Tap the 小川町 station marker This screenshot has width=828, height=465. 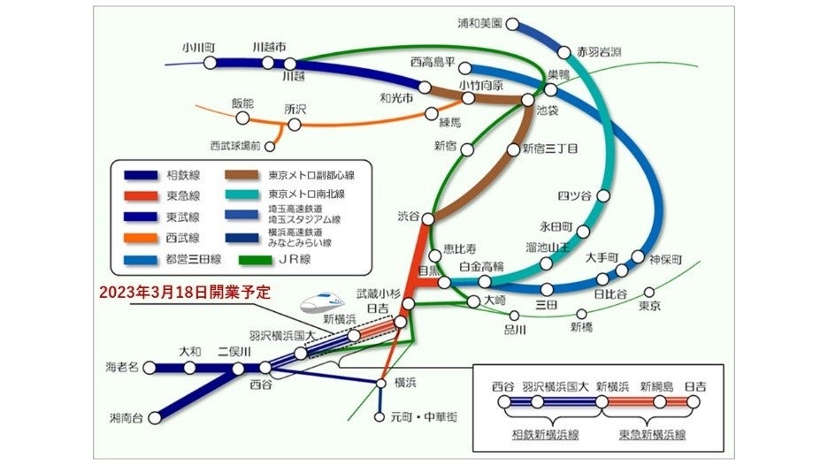210,63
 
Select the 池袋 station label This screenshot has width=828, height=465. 547,112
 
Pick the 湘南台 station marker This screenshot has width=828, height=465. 157,415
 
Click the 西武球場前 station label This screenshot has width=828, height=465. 234,144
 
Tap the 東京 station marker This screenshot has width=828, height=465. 649,293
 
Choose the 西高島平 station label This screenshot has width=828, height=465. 433,63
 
